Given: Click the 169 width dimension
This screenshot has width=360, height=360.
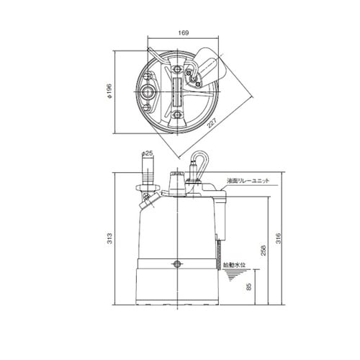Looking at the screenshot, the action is click(184, 32).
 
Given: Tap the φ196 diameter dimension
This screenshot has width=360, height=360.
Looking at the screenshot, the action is click(109, 91).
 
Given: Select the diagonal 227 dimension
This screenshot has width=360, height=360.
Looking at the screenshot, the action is click(212, 123).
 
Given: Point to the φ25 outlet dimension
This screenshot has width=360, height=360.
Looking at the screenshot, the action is click(148, 153).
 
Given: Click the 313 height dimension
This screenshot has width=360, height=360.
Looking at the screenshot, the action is click(109, 238).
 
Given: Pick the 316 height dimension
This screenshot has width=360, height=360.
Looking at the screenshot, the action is click(278, 238).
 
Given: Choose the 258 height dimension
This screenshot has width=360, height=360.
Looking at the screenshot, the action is click(264, 251).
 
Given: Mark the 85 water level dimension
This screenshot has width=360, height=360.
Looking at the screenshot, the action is click(249, 287).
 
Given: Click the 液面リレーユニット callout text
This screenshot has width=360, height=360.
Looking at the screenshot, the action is click(248, 181).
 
